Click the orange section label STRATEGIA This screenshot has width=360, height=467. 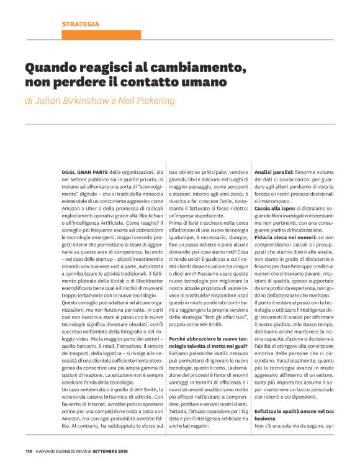[x=80, y=24]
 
